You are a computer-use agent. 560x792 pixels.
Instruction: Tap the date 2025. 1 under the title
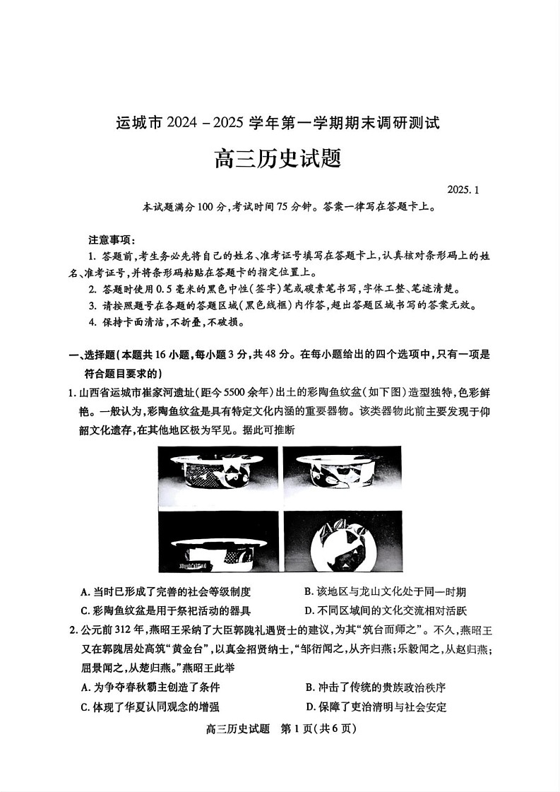pos(463,189)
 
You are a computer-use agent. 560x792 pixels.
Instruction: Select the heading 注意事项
pos(107,239)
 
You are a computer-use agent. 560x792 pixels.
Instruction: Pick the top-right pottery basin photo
pos(341,475)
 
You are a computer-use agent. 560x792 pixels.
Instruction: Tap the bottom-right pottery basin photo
pos(341,541)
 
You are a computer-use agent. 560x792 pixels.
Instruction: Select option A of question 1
pos(166,592)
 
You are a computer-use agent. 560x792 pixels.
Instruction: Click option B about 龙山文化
pos(385,592)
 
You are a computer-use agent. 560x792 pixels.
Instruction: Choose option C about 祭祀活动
pos(166,610)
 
